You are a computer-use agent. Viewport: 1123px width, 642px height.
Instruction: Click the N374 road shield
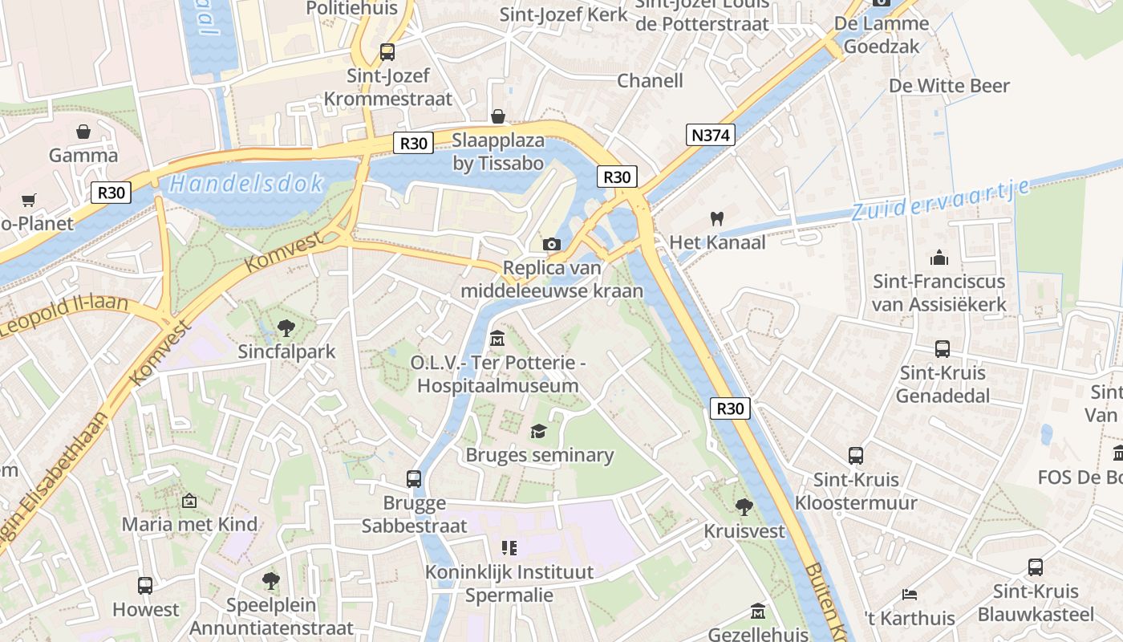point(711,135)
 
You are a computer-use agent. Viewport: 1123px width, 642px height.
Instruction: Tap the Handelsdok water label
point(247,184)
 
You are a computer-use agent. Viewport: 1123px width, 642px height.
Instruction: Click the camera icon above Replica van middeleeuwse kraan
point(552,244)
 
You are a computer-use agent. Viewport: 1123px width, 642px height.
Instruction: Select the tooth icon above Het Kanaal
point(717,218)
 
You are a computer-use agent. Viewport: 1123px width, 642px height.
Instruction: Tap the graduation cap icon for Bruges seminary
point(538,432)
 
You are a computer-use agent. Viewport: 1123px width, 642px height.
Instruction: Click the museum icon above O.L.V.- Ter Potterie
point(497,339)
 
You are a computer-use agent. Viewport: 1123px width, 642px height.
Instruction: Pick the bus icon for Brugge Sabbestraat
point(414,479)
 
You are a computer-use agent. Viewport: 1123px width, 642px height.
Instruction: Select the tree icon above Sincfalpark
point(286,328)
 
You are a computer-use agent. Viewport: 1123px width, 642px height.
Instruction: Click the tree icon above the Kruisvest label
point(744,506)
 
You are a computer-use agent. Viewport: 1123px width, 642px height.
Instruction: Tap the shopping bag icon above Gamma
point(83,132)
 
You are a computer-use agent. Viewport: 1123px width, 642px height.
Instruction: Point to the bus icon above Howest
point(145,585)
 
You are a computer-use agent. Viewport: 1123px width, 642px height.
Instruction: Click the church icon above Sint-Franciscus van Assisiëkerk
point(939,258)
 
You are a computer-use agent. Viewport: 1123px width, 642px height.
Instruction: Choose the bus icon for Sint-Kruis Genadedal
point(943,349)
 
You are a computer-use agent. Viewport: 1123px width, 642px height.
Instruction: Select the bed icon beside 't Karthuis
point(909,595)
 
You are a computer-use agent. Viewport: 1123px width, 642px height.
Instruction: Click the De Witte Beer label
point(949,86)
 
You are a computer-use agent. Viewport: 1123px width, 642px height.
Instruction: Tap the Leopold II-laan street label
point(64,314)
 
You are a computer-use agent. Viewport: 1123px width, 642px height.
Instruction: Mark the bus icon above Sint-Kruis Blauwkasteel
point(1036,567)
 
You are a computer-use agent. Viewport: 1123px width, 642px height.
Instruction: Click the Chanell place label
point(650,80)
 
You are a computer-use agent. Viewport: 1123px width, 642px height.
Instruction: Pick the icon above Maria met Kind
point(189,501)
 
